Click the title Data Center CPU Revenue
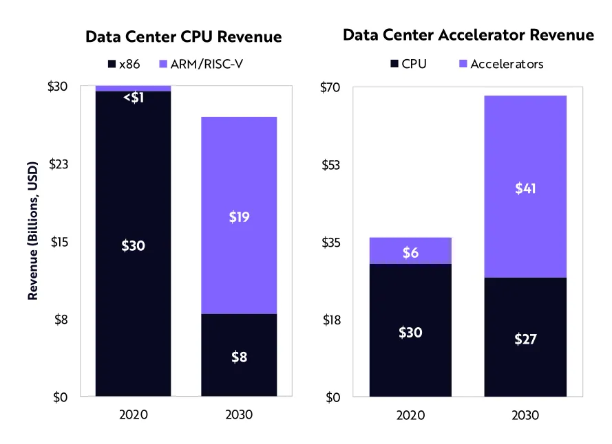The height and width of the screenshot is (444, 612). click(x=183, y=36)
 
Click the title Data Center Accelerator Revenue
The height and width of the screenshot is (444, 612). click(x=468, y=35)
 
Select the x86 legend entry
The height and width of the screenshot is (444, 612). click(x=125, y=64)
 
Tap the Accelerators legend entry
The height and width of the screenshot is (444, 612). click(x=499, y=64)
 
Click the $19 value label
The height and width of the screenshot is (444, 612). click(x=239, y=217)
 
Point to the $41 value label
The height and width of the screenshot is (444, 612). click(x=526, y=188)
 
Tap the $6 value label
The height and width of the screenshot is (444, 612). click(x=410, y=252)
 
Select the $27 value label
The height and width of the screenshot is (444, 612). click(x=526, y=338)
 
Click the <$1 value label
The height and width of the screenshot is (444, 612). click(x=133, y=98)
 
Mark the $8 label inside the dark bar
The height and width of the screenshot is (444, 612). click(x=239, y=357)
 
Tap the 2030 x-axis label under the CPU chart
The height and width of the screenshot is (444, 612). click(x=239, y=414)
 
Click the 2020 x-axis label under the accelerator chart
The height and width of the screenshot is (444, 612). click(x=410, y=414)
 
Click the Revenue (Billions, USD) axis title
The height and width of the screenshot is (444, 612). click(x=32, y=242)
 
